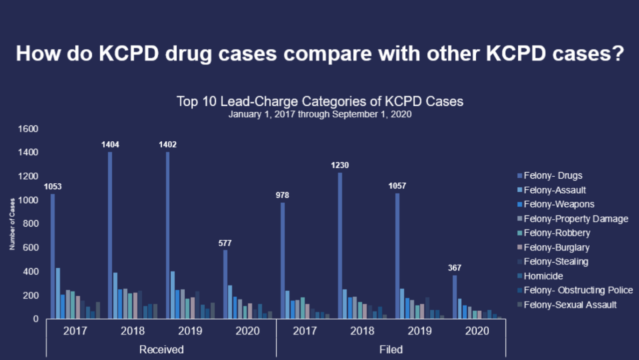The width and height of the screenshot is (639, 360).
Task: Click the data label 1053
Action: (52, 187)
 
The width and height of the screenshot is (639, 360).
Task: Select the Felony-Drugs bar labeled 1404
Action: (110, 235)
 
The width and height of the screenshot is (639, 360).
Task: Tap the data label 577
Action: (225, 243)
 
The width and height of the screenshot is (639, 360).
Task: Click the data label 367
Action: (454, 268)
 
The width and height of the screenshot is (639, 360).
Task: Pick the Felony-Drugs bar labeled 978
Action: (283, 260)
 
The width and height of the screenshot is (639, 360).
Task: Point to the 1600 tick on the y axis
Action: (28, 129)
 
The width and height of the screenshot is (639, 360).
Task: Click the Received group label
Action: (161, 350)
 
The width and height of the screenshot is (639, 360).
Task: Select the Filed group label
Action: (391, 350)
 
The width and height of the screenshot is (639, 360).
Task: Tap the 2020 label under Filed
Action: (477, 331)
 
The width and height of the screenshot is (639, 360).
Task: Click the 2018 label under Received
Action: (133, 331)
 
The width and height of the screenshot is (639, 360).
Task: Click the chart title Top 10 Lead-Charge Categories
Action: (319, 102)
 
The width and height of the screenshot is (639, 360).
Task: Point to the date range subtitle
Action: (319, 114)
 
